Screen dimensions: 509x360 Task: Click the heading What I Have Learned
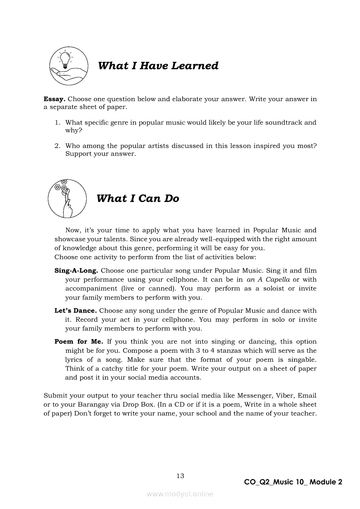[158, 66]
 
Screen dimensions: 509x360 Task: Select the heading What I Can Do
[138, 199]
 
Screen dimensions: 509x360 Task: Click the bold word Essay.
[54, 99]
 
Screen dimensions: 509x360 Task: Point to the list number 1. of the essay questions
[57, 122]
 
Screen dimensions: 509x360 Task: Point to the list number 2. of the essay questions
[57, 146]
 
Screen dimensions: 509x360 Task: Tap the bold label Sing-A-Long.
[76, 270]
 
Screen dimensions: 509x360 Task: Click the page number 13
[180, 475]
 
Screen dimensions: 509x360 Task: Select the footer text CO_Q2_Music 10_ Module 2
[293, 482]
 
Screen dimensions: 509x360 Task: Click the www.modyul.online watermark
[180, 494]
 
